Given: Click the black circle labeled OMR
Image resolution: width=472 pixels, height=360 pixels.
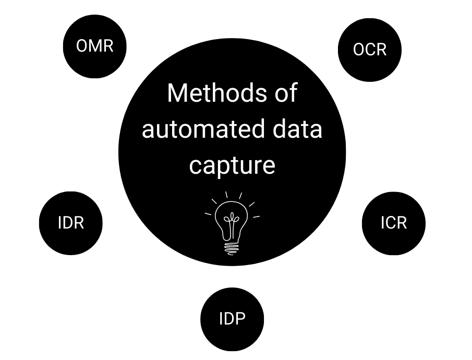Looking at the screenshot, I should click(94, 46).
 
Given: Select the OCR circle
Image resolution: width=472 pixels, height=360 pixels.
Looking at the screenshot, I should click(370, 50).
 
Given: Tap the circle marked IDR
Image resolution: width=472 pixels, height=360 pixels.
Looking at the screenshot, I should click(71, 223).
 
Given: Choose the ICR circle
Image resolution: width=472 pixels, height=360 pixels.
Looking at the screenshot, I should click(394, 223).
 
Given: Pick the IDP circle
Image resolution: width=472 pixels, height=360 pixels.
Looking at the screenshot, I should click(232, 319).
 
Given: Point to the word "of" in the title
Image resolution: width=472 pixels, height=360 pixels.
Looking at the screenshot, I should click(285, 93).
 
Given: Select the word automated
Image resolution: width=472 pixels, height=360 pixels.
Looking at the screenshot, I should click(201, 129).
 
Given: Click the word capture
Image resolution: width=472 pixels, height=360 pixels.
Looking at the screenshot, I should click(232, 165).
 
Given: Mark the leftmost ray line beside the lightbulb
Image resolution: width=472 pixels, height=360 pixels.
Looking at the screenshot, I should click(208, 213).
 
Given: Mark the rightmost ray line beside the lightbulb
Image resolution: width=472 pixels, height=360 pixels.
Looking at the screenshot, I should click(256, 216).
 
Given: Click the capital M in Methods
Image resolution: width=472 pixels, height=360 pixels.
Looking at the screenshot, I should click(177, 93).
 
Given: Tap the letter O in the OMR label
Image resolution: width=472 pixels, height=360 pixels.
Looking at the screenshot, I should click(82, 46).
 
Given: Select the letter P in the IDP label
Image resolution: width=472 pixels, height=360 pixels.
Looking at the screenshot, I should click(240, 319).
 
